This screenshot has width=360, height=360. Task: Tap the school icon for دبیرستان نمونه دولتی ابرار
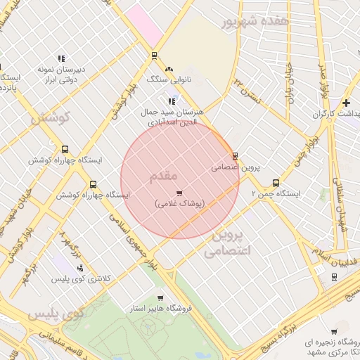[61, 58]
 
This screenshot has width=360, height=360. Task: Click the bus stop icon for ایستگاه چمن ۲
[276, 183]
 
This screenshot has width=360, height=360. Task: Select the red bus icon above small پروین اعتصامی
[235, 156]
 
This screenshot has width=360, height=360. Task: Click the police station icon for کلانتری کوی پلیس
[81, 268]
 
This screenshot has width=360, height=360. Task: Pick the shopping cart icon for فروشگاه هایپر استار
[160, 298]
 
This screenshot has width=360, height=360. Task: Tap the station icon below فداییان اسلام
[333, 276]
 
